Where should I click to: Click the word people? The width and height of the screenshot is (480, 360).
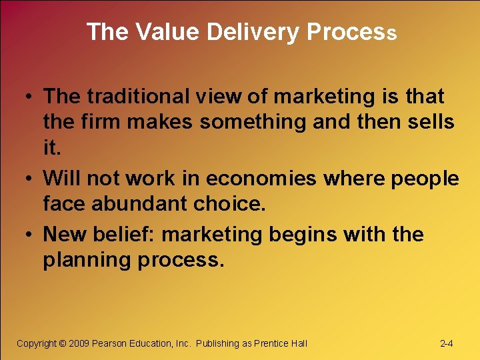[x=425, y=179]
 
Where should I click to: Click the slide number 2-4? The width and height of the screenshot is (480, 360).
[x=447, y=343]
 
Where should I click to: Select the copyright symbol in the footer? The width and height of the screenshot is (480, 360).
[x=63, y=343]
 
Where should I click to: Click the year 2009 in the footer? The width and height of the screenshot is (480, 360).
[x=79, y=343]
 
